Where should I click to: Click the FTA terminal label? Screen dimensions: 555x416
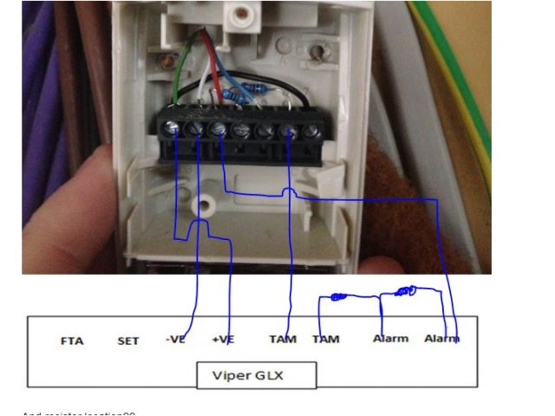pos(72,341)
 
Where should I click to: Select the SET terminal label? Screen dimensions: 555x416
pos(127,341)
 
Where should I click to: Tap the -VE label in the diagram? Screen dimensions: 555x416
pos(175,339)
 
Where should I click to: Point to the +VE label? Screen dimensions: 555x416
pos(223,339)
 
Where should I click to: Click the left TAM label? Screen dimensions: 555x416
pos(282,339)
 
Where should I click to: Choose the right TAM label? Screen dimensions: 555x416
pos(326,339)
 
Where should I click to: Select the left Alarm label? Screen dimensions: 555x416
pos(390,338)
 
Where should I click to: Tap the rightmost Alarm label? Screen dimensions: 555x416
pos(441,338)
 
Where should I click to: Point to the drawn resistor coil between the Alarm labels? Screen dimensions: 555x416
pos(405,291)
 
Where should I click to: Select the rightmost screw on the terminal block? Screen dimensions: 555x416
pos(310,132)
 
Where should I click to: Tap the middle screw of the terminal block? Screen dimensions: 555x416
pos(242,131)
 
